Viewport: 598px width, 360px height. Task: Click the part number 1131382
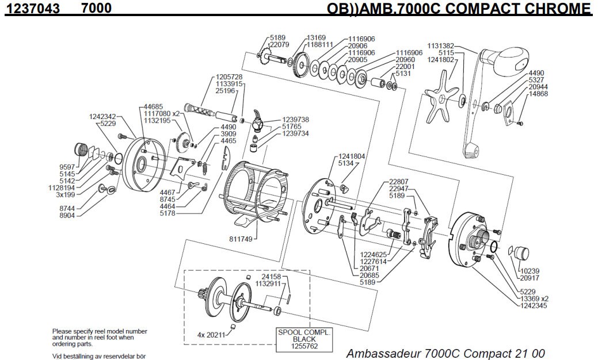click(x=440, y=46)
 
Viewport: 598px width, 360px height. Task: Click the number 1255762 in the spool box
click(x=304, y=346)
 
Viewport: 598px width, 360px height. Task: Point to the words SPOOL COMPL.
click(x=304, y=332)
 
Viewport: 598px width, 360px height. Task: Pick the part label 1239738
click(x=295, y=120)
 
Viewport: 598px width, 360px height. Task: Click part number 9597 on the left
click(x=68, y=167)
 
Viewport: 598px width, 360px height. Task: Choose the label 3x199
click(x=65, y=194)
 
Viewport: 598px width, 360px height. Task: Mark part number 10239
click(x=530, y=271)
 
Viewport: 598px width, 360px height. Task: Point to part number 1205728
click(x=229, y=77)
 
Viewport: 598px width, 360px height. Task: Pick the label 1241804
click(x=352, y=156)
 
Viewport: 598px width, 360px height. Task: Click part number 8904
click(x=68, y=215)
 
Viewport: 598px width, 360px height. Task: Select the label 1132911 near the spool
click(x=268, y=283)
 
